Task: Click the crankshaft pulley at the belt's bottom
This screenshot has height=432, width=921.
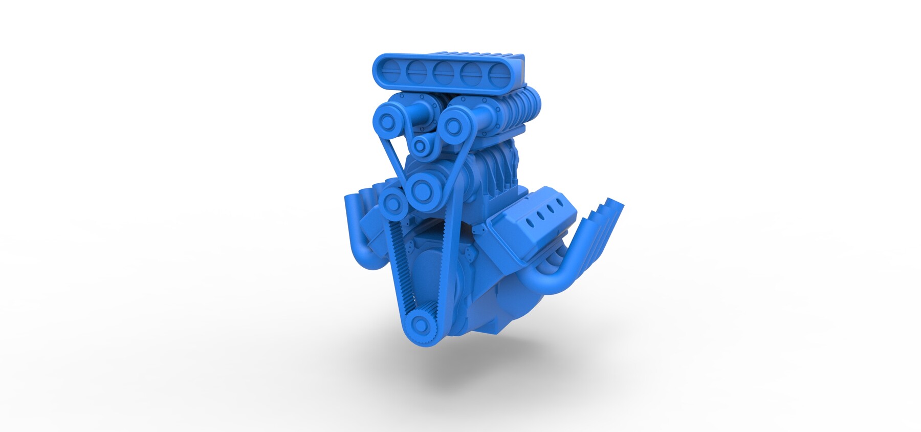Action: point(420,323)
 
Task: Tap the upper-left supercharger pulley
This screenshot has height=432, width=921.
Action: point(388,121)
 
